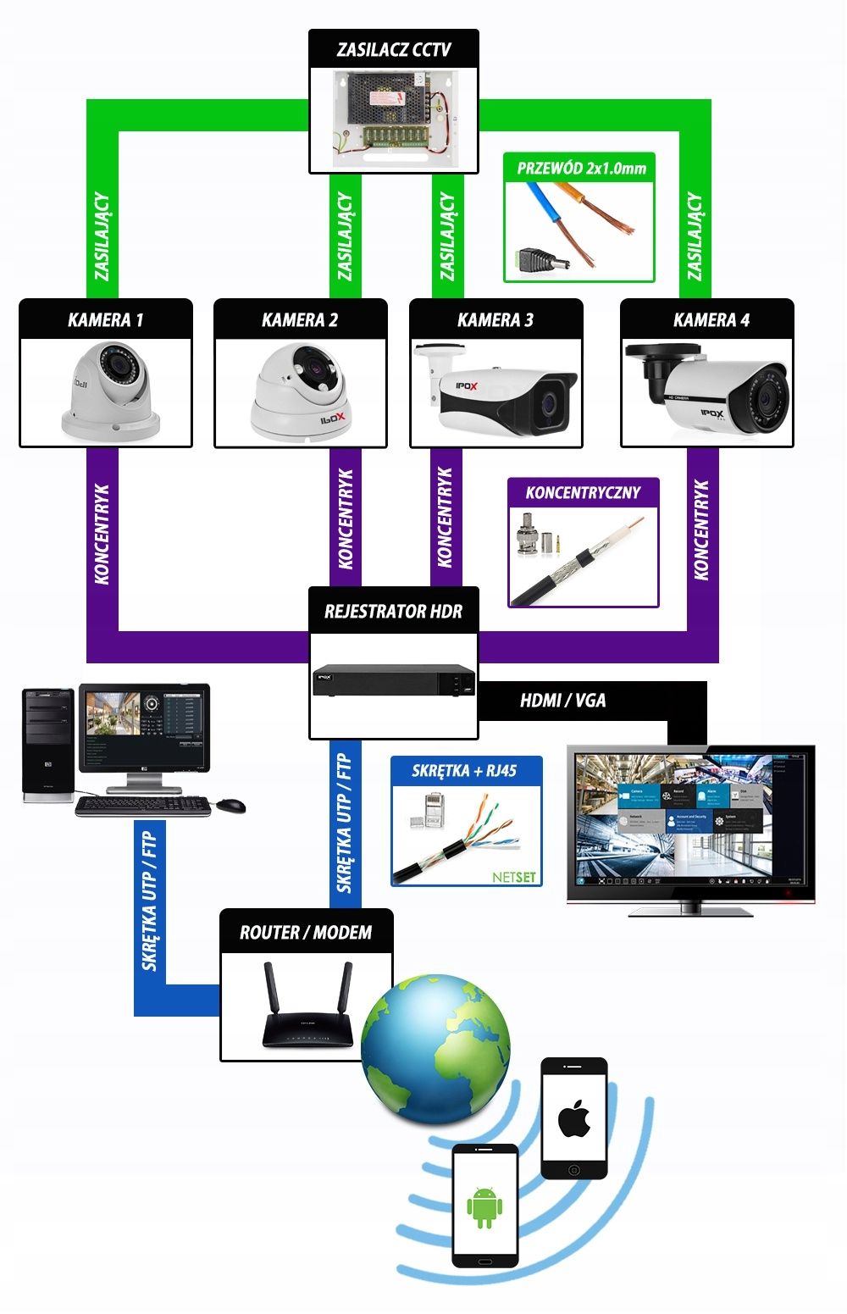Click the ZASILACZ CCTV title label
(x=394, y=49)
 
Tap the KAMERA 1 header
(x=106, y=320)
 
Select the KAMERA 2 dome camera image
(x=301, y=392)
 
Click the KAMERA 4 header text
(x=711, y=320)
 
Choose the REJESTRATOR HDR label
(x=394, y=611)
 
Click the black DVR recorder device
(x=394, y=681)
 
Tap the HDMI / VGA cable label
(x=563, y=701)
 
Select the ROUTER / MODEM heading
(x=306, y=933)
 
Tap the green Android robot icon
(x=484, y=1207)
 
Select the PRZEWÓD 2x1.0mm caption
(x=581, y=169)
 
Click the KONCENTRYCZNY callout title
(x=583, y=493)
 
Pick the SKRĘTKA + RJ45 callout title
(x=464, y=771)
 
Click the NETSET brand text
(x=514, y=877)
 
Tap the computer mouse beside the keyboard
(x=230, y=805)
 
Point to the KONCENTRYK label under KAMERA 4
(x=701, y=530)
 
